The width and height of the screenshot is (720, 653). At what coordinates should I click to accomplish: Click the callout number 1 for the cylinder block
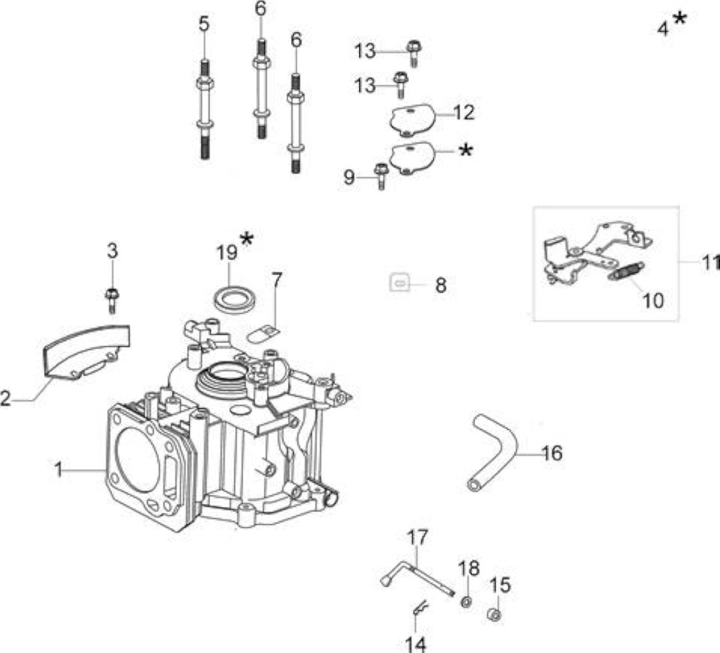[59, 469]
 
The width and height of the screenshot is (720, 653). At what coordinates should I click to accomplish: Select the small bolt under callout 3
[112, 300]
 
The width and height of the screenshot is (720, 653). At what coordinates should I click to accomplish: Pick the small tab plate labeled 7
[263, 334]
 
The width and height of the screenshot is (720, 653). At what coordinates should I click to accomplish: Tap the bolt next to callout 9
[380, 176]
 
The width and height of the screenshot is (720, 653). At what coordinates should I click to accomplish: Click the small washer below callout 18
[466, 601]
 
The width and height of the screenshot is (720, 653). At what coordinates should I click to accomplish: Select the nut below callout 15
[494, 614]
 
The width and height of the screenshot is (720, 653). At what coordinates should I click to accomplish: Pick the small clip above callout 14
[419, 608]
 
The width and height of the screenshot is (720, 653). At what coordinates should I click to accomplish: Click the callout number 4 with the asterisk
[663, 29]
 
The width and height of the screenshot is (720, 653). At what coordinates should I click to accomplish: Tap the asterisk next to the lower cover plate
[466, 150]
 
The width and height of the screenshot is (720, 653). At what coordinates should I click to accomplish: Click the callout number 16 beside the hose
[552, 453]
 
